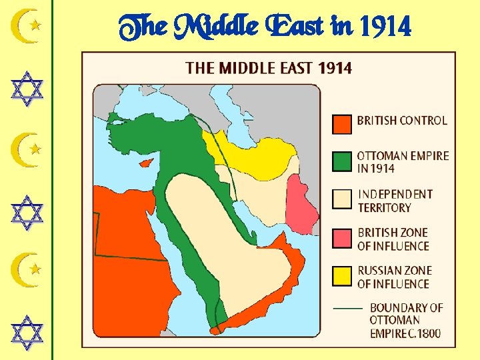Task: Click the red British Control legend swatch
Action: [x=341, y=124]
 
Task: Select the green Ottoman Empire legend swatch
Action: [x=341, y=161]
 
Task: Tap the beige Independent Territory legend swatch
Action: [x=341, y=199]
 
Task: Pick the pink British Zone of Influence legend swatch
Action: [x=341, y=238]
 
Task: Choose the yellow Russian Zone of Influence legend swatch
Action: [x=341, y=276]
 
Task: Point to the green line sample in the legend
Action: [x=347, y=308]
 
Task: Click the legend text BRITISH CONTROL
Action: [x=402, y=121]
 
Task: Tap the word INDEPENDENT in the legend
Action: [x=395, y=194]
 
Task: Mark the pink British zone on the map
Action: [x=301, y=200]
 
